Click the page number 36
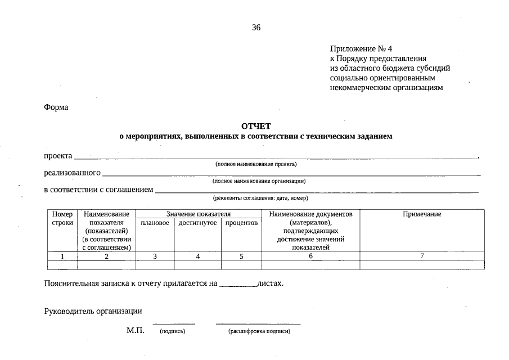[x=256, y=28]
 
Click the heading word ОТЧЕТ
[x=256, y=126]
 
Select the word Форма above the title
[x=56, y=107]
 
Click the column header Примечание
[x=422, y=214]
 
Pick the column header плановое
[x=155, y=223]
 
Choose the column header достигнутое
[x=197, y=223]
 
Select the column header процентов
[x=241, y=223]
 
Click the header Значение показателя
[x=199, y=214]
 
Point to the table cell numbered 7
[x=422, y=256]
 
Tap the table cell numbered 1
[x=62, y=256]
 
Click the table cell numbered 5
[x=241, y=256]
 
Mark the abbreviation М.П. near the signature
[x=136, y=331]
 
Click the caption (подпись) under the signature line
[x=173, y=332]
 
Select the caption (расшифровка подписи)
[x=259, y=332]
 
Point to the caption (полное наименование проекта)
[x=256, y=164]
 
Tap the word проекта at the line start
[x=58, y=155]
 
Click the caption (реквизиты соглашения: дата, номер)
[x=260, y=198]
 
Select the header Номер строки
[x=62, y=219]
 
